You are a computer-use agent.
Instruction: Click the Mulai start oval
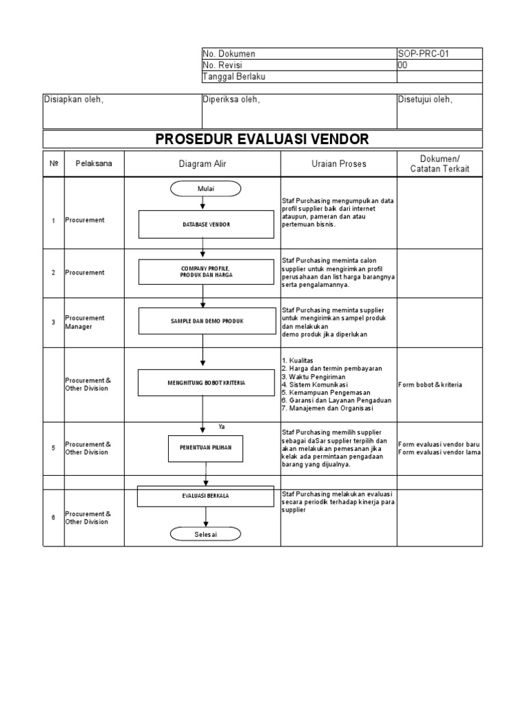pyautogui.click(x=206, y=188)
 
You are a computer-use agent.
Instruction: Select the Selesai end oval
pyautogui.click(x=204, y=535)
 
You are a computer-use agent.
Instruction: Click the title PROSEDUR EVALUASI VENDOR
pyautogui.click(x=262, y=139)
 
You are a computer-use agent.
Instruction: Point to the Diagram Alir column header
pyautogui.click(x=202, y=164)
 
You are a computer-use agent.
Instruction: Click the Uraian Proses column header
pyautogui.click(x=338, y=164)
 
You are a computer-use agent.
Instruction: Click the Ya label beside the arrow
pyautogui.click(x=222, y=427)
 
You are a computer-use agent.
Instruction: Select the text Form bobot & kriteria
pyautogui.click(x=430, y=384)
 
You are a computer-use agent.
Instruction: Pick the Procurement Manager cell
pyautogui.click(x=85, y=322)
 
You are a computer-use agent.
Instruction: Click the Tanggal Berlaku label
pyautogui.click(x=234, y=77)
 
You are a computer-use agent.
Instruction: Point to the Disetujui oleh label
pyautogui.click(x=425, y=100)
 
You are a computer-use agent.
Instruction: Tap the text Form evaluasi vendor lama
pyautogui.click(x=439, y=452)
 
